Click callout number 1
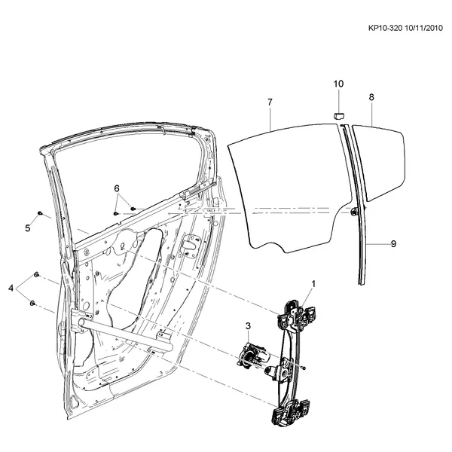[x=313, y=284]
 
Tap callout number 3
[x=248, y=326]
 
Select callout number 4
[x=11, y=288]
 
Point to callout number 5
[x=28, y=228]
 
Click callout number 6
[x=117, y=188]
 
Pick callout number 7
[x=270, y=102]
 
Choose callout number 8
[x=371, y=97]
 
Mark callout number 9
[x=393, y=244]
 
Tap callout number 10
[x=338, y=84]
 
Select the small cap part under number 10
[x=339, y=116]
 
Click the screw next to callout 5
[x=40, y=213]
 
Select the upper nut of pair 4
[x=36, y=274]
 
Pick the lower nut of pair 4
[x=32, y=303]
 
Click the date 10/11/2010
[x=423, y=28]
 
